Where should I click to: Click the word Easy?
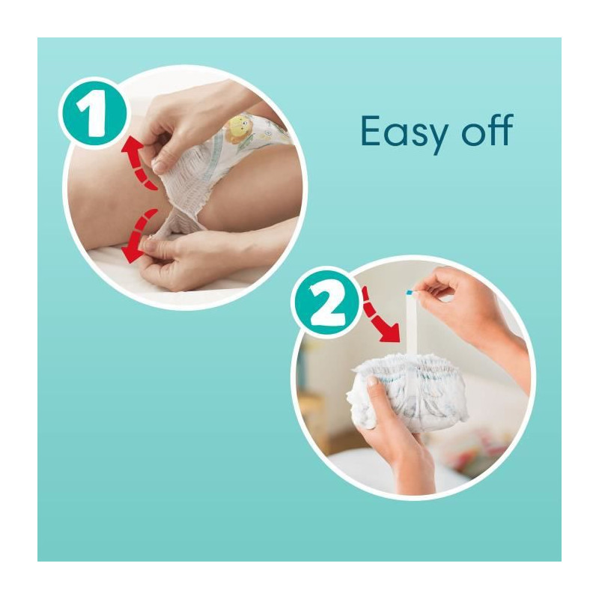point(404,132)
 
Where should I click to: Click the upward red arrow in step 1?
point(139,164)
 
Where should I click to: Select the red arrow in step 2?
point(378,314)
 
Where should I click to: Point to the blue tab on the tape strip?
point(409,293)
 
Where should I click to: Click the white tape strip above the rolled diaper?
point(413,324)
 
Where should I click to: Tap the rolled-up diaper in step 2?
point(408,394)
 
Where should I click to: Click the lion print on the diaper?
point(238,128)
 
